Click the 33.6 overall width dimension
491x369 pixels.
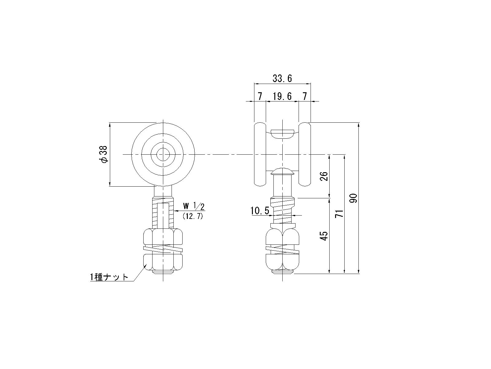[282, 79]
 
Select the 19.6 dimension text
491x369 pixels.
[282, 97]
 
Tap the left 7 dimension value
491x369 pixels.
[260, 97]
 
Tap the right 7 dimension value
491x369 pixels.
[304, 97]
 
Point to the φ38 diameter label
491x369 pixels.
[103, 154]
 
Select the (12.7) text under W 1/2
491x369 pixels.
[193, 216]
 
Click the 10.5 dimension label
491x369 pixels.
[260, 211]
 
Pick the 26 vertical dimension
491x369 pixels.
[324, 176]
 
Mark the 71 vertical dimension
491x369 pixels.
[339, 214]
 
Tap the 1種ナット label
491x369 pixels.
[109, 277]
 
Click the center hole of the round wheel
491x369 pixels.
[163, 154]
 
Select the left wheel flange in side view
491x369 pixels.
[260, 154]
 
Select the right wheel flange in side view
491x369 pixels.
[305, 154]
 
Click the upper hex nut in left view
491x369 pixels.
[163, 237]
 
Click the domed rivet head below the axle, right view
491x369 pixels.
[283, 171]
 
